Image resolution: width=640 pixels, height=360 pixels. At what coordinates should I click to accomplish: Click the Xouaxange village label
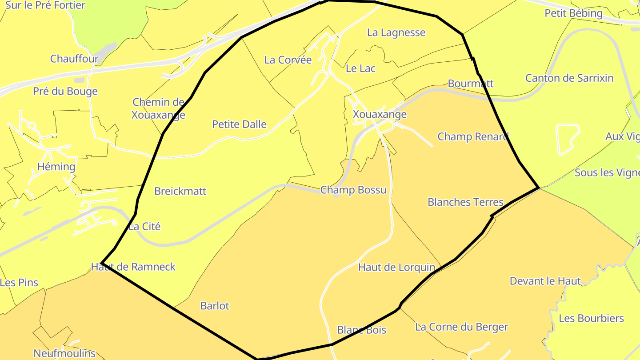pos(380,114)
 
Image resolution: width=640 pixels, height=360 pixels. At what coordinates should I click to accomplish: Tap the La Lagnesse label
pos(396,32)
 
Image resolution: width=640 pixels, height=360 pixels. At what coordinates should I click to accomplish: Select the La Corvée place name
pos(288,60)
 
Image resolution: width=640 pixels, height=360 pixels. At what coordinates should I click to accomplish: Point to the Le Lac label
pos(360,68)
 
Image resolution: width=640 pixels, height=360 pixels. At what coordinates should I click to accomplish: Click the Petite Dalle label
pos(239,124)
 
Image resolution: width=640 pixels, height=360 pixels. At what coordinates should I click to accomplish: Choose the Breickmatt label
pos(180,191)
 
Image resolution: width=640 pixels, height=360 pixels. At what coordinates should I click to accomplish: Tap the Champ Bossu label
pos(353,190)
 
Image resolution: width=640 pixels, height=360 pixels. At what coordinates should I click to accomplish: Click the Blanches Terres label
pos(465,202)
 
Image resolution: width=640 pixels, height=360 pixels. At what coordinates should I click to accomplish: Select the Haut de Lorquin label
pos(396,267)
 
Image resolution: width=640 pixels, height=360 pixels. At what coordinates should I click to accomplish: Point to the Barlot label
pos(215,306)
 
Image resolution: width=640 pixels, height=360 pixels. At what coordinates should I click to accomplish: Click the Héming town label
pos(56,167)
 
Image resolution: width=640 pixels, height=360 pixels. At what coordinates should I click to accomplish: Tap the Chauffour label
pos(74,59)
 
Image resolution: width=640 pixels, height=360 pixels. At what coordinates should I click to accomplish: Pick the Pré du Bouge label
pos(65,91)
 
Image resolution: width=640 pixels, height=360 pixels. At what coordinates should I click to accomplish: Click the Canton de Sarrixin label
pos(569,78)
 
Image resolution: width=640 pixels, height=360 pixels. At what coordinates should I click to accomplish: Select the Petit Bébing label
pos(573,13)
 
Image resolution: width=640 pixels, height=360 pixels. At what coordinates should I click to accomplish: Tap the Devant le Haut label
pos(545,281)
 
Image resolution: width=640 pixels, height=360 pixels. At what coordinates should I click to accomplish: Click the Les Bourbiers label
pos(591,318)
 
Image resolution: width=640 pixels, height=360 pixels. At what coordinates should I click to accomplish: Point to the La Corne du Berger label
pos(461,327)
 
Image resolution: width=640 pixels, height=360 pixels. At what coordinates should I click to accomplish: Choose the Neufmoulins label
pos(64,353)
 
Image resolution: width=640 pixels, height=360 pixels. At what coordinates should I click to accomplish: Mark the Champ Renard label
pos(473,136)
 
